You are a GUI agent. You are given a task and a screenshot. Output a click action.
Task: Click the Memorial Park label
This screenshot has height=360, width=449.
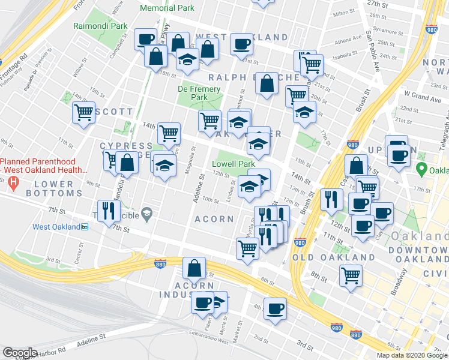(167, 8)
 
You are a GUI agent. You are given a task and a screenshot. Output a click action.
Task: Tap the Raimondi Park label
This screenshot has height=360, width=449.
(100, 26)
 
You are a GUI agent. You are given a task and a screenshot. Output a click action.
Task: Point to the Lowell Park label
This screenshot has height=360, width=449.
(233, 164)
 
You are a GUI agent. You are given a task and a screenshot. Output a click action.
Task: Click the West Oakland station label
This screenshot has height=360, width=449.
(56, 227)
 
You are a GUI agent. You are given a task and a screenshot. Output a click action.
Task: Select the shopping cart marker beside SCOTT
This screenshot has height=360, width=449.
(84, 112)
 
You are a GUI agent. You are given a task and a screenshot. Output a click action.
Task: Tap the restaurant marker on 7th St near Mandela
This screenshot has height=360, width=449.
(109, 211)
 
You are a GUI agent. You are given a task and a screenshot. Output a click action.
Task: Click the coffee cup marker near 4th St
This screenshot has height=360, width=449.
(275, 308)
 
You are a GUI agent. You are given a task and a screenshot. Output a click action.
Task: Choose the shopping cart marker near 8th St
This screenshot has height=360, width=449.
(351, 276)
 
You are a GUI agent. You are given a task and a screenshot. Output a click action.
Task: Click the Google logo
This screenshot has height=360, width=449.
(20, 353)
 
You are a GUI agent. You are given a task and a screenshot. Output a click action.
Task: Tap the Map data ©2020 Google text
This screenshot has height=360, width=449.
(411, 355)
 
